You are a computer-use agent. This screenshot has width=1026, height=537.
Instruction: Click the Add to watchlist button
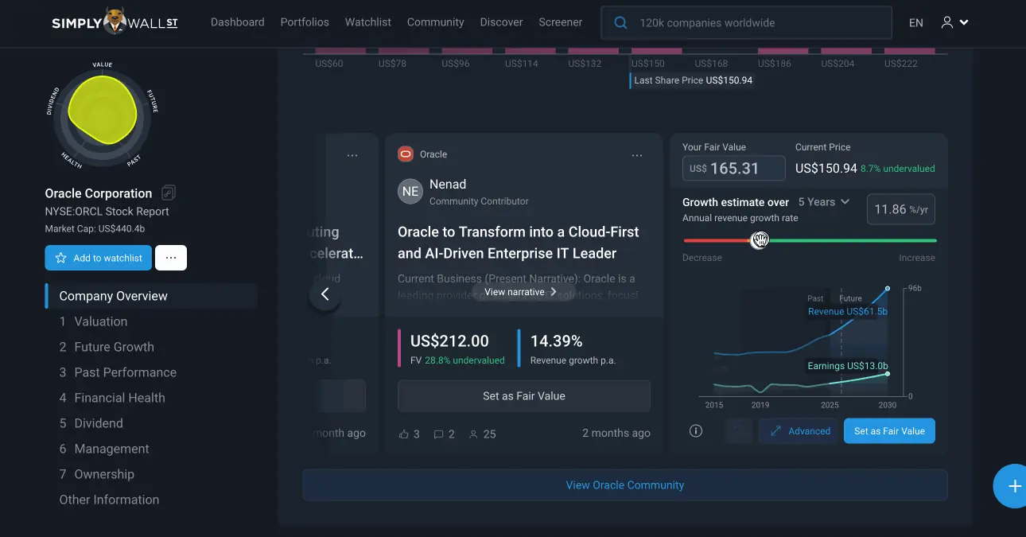pyautogui.click(x=98, y=258)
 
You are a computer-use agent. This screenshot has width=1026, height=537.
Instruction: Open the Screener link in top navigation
pyautogui.click(x=560, y=22)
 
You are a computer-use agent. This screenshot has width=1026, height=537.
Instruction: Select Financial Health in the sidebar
pyautogui.click(x=119, y=398)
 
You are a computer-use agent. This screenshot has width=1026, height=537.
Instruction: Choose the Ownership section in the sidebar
pyautogui.click(x=104, y=474)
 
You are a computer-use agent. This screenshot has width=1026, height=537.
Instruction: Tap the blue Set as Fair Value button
pyautogui.click(x=889, y=431)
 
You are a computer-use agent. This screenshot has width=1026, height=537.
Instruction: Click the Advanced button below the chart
pyautogui.click(x=799, y=431)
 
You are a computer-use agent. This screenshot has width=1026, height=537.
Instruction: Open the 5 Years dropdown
pyautogui.click(x=824, y=202)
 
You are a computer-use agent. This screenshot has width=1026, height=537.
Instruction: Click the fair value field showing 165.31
pyautogui.click(x=734, y=169)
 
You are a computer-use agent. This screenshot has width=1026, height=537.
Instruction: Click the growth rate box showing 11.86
pyautogui.click(x=900, y=209)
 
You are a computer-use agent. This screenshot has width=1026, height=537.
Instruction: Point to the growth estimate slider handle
pyautogui.click(x=760, y=240)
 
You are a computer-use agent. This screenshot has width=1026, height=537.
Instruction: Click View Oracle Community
pyautogui.click(x=624, y=485)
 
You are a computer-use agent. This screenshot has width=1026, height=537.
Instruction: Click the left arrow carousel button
pyautogui.click(x=325, y=294)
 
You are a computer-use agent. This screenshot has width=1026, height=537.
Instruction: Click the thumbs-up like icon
pyautogui.click(x=404, y=434)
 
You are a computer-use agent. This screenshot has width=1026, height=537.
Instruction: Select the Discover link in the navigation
pyautogui.click(x=501, y=22)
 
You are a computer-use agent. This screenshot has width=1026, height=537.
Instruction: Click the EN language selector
pyautogui.click(x=916, y=23)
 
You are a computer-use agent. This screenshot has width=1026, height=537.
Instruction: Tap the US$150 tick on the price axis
pyautogui.click(x=647, y=64)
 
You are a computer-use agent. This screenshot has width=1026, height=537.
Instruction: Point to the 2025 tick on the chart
pyautogui.click(x=830, y=405)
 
